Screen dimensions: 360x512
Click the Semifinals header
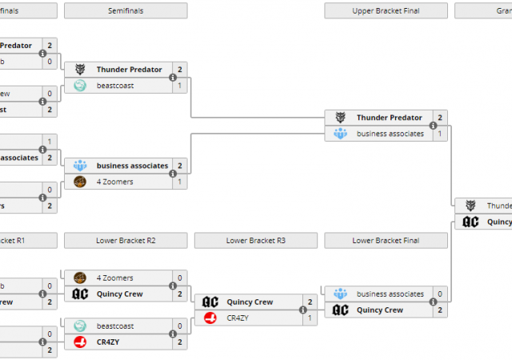(x=126, y=10)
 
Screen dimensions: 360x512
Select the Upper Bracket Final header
(x=386, y=10)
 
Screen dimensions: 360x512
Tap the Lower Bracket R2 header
(x=126, y=240)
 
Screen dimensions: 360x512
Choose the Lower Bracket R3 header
(x=256, y=240)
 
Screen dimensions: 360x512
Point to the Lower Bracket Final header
(x=386, y=240)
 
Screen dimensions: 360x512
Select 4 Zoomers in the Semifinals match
(x=115, y=182)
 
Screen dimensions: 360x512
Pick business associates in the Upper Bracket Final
(x=390, y=134)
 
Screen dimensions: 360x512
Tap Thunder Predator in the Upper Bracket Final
(x=389, y=118)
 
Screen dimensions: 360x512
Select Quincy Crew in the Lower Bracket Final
(x=379, y=310)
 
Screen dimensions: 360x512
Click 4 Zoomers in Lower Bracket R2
(x=115, y=278)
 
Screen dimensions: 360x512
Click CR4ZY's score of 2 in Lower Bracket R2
(x=180, y=342)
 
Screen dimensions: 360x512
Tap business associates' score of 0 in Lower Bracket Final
(x=440, y=294)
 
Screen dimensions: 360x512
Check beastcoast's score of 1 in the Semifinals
(x=180, y=86)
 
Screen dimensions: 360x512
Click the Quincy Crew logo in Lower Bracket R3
(x=210, y=302)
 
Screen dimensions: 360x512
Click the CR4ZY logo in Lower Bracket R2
(x=80, y=342)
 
